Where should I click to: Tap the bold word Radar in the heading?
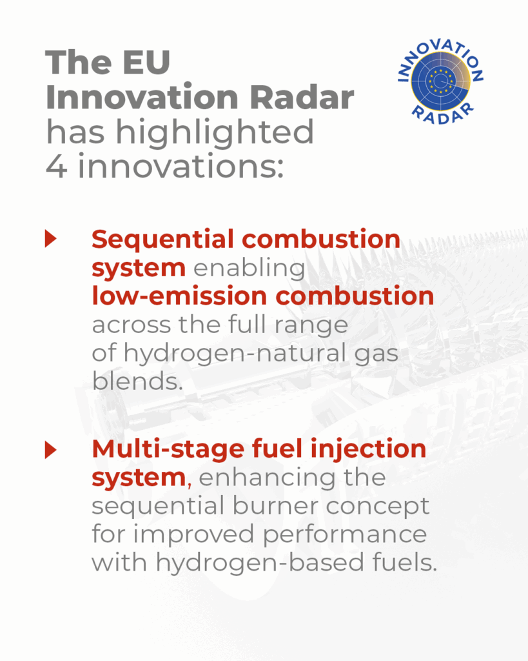(x=302, y=97)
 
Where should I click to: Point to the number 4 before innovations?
(x=56, y=167)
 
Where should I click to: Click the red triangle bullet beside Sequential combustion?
(x=51, y=239)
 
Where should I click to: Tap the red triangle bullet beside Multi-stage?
(x=51, y=450)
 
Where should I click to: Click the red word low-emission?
(x=179, y=296)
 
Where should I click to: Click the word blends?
(x=137, y=381)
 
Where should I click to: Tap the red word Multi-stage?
(x=168, y=450)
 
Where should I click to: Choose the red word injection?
(x=368, y=450)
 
